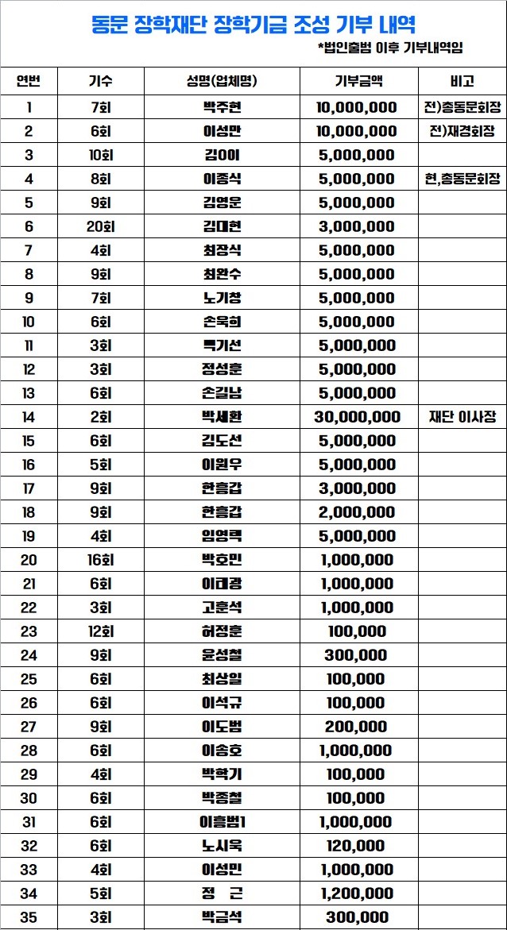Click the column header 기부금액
(358, 81)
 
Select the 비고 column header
(461, 81)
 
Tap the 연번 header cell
(29, 81)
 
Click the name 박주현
(222, 107)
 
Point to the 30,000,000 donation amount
(358, 417)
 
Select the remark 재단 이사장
(462, 417)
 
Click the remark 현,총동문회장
(462, 179)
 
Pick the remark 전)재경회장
(462, 131)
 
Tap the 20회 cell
(101, 226)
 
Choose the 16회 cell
(101, 560)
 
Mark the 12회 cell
(101, 631)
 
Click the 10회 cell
(101, 155)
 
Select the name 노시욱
(222, 846)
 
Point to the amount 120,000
(356, 846)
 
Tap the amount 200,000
(356, 727)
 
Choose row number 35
(29, 917)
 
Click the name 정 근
(222, 893)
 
